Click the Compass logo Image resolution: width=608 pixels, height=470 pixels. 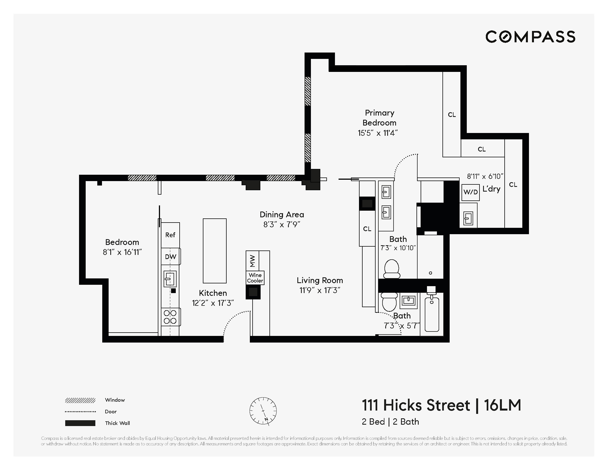click(530, 37)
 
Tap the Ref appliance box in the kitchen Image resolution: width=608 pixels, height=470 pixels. click(170, 235)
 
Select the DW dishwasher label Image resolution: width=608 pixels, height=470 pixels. click(170, 257)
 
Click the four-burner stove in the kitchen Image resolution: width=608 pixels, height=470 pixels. click(170, 317)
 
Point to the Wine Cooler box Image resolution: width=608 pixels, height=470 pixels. click(255, 278)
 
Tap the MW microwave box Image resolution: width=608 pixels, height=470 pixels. click(252, 261)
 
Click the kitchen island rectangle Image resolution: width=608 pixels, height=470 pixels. click(214, 250)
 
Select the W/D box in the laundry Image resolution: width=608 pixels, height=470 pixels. click(470, 192)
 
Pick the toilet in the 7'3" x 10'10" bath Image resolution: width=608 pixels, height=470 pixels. click(392, 269)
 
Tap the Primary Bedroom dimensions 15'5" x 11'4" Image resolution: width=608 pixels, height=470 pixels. click(378, 133)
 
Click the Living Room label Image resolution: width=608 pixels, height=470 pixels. click(319, 280)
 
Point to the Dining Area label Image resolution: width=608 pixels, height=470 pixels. click(282, 215)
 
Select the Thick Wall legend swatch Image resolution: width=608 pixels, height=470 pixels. click(80, 423)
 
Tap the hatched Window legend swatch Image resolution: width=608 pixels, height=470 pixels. click(80, 400)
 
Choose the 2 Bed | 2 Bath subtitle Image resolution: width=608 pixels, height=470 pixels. click(390, 422)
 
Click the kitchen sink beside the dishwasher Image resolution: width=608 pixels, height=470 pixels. click(170, 279)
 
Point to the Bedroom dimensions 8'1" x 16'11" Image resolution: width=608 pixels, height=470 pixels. click(122, 252)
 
